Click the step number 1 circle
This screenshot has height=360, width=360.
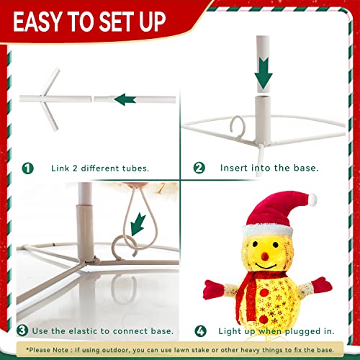coord(28,168)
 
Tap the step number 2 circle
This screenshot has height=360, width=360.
coord(199,168)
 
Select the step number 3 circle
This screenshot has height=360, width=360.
coord(22,330)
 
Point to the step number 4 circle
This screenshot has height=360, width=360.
coord(200,331)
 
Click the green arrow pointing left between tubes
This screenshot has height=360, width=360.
coord(125,99)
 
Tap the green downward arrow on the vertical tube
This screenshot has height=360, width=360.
coord(264,73)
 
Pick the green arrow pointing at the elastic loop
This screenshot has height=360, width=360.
coord(138,225)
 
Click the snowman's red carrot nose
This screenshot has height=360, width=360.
coord(265,256)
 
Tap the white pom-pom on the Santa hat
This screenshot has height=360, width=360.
coord(312,199)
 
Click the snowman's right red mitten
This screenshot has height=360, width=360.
coord(322,286)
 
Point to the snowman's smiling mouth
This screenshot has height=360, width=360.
coord(266,266)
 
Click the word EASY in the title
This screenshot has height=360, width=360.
coord(36,22)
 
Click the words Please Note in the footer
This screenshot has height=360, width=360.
coord(48,350)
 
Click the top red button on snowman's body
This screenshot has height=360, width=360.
coord(264,292)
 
